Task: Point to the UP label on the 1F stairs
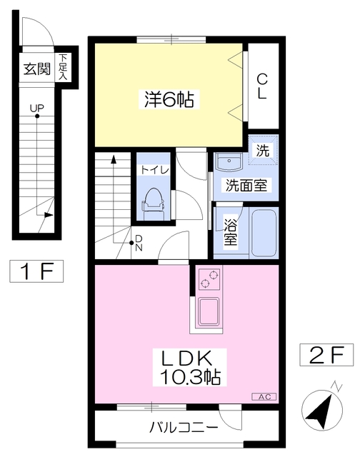pos(36,109)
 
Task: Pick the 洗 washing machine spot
pos(263,151)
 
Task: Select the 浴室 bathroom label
pos(230,231)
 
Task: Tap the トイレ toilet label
pos(155,170)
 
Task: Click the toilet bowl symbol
pos(153,202)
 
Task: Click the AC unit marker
pos(263,395)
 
